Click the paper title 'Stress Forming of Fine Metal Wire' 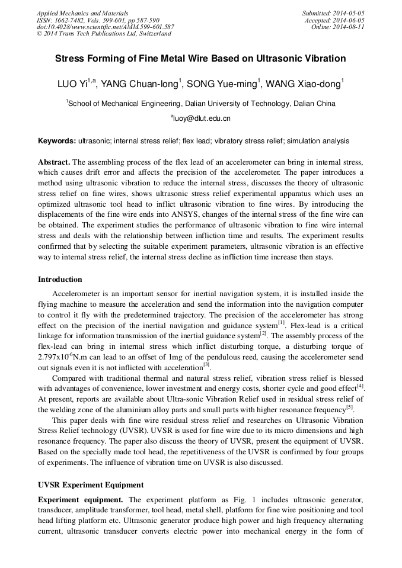coord(200,59)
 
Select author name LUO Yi coord(74,85)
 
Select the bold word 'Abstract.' coord(54,162)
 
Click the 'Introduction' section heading coord(60,280)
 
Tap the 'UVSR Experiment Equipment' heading coord(90,485)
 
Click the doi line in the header coord(105,27)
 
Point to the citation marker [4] coord(360,386)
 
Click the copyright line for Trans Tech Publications coord(104,34)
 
